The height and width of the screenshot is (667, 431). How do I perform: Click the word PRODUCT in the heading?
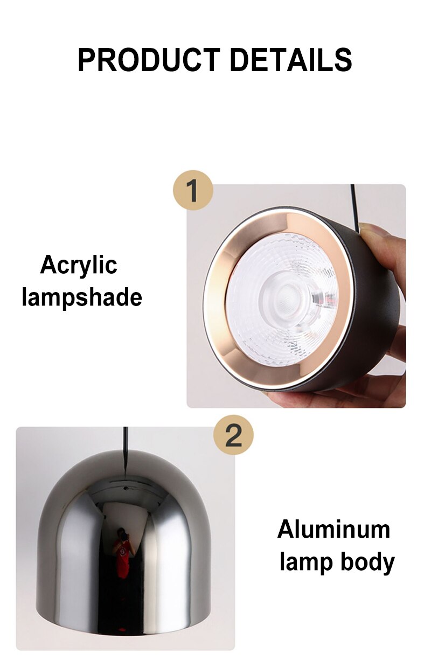pyautogui.click(x=148, y=60)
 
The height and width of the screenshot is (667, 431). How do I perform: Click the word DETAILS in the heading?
pyautogui.click(x=291, y=60)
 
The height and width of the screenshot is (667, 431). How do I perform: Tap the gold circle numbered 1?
pyautogui.click(x=193, y=190)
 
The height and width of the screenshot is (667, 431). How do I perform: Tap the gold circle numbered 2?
pyautogui.click(x=233, y=435)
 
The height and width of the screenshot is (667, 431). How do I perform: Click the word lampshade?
pyautogui.click(x=82, y=297)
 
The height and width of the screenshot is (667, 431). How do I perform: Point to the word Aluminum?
pyautogui.click(x=333, y=530)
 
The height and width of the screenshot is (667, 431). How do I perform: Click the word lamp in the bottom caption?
pyautogui.click(x=306, y=563)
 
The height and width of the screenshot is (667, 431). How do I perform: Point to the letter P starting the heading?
pyautogui.click(x=86, y=60)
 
